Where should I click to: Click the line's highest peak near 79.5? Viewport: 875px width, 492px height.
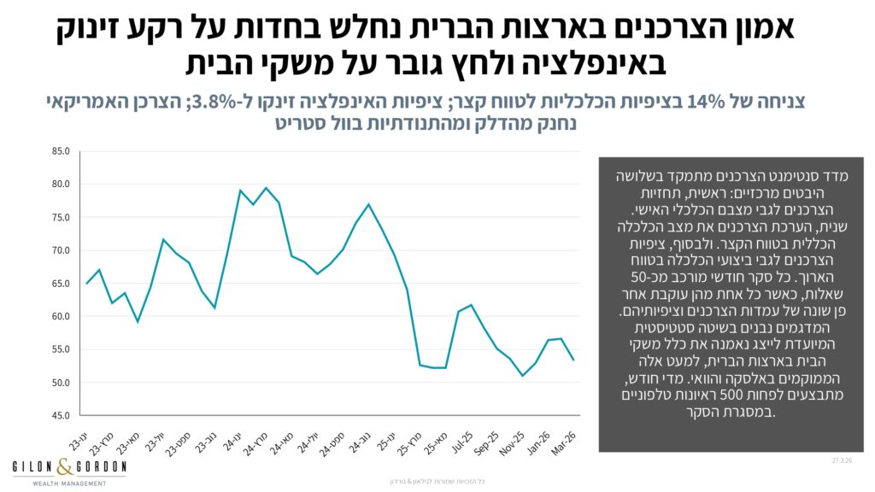[x=267, y=188]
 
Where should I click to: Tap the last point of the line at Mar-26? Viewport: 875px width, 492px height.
[x=573, y=360]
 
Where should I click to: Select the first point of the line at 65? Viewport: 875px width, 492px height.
[x=87, y=284]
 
